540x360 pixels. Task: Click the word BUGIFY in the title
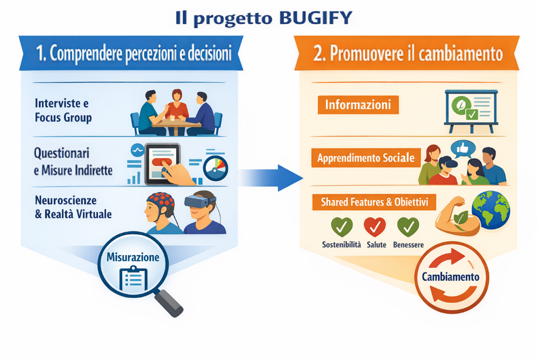coord(316,18)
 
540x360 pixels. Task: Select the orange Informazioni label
coord(358,105)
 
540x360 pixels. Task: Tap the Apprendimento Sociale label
coord(366,158)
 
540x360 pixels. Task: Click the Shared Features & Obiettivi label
coord(374,201)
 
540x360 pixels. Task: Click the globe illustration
coord(490,209)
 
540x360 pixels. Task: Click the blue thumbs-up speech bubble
coord(463,149)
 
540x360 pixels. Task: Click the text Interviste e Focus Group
coord(63,110)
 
